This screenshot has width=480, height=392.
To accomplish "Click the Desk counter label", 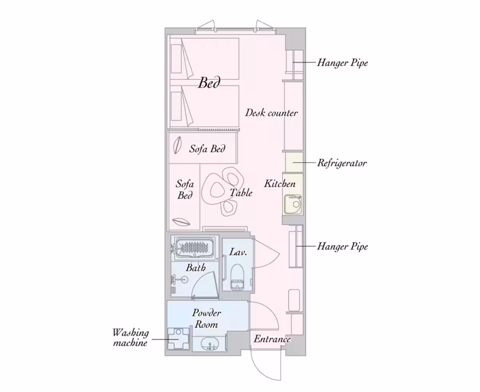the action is [x=271, y=113].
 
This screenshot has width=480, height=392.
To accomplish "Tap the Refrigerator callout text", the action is [x=342, y=163].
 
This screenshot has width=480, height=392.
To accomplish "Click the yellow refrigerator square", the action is [x=294, y=162].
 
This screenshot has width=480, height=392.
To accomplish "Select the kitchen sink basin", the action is [x=293, y=204].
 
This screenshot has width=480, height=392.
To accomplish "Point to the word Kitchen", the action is [x=280, y=184].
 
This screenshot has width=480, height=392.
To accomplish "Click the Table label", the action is [x=241, y=192].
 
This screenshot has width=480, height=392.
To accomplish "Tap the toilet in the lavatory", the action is [x=237, y=277].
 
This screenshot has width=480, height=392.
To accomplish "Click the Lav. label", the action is [x=238, y=252].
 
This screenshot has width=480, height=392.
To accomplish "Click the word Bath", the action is [x=196, y=268].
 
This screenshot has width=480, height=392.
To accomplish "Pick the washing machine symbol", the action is [x=178, y=339].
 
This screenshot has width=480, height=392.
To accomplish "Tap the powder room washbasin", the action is [x=209, y=344].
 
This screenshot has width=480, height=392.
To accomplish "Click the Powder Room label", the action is [x=206, y=319].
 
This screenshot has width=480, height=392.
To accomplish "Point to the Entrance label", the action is [x=272, y=339].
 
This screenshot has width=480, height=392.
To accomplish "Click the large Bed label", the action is [x=209, y=82].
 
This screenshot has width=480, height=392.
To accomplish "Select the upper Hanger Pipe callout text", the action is [x=342, y=63].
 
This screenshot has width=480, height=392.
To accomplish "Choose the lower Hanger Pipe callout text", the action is [x=342, y=246].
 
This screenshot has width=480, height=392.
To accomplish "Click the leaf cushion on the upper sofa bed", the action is [x=177, y=145].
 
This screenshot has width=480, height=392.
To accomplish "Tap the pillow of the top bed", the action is [x=176, y=59].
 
